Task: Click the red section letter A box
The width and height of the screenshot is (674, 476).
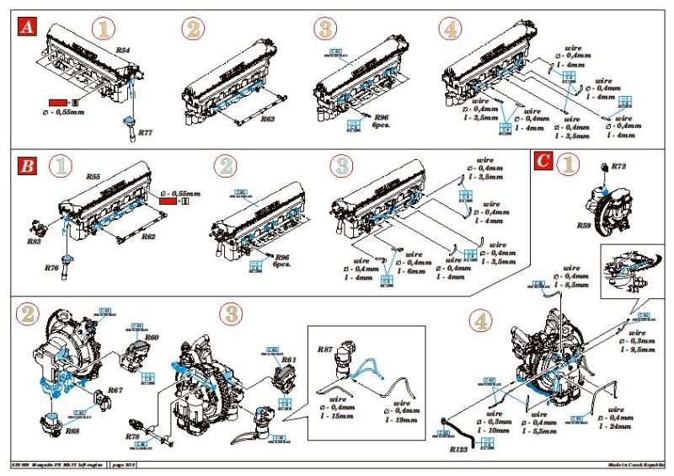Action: coord(28,29)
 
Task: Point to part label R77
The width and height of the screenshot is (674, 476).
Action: coord(145,133)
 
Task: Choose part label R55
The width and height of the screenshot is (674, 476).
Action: coord(94,178)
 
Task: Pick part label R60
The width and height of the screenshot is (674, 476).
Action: coord(152,337)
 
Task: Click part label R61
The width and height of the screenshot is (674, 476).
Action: coord(289,360)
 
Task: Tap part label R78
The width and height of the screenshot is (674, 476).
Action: coord(132,437)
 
